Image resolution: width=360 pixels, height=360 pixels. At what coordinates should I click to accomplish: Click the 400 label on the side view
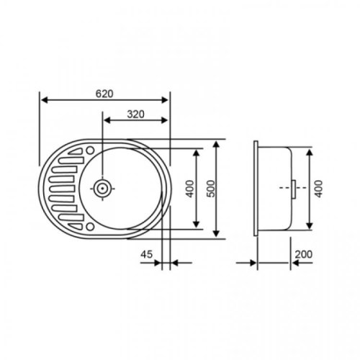click(318, 188)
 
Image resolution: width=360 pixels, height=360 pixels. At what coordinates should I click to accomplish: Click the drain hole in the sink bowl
click(103, 188)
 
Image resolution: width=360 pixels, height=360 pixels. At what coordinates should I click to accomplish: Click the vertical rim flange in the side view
click(258, 188)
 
